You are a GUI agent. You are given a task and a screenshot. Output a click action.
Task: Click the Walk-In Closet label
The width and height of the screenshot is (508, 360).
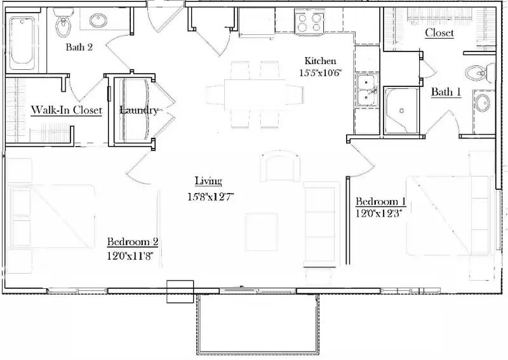pyautogui.click(x=67, y=110)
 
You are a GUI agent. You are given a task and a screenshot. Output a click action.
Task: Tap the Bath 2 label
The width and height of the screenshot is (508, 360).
pyautogui.click(x=79, y=47)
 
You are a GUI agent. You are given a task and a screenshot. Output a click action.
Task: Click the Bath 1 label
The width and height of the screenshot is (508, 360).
pyautogui.click(x=446, y=93)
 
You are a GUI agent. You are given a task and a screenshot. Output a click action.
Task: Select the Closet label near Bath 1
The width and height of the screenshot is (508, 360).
pyautogui.click(x=439, y=33)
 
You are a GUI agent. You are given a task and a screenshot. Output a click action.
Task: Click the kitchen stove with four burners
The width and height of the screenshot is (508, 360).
pyautogui.click(x=310, y=23)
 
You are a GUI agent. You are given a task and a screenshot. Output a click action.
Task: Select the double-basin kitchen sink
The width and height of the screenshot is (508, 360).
pyautogui.click(x=367, y=90)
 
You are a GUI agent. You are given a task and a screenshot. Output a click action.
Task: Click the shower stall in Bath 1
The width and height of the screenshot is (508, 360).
pyautogui.click(x=401, y=110)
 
